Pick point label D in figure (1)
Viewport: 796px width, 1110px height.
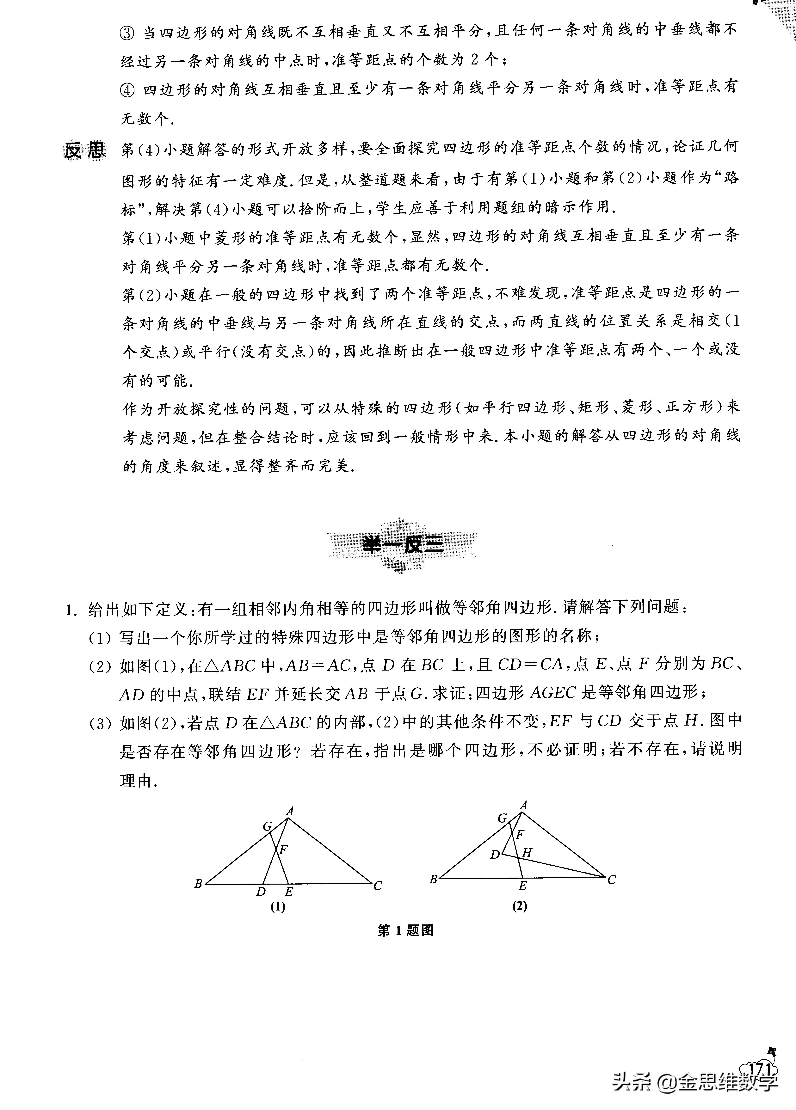pos(261,892)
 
